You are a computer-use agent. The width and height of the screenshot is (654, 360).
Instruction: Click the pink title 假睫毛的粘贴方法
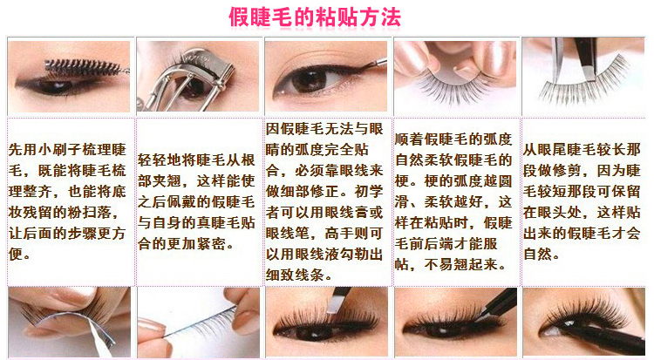pyautogui.click(x=315, y=17)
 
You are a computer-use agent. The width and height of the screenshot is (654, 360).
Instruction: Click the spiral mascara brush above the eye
pyautogui.click(x=84, y=67)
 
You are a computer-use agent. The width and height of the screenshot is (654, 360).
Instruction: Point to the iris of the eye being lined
pyautogui.click(x=309, y=79)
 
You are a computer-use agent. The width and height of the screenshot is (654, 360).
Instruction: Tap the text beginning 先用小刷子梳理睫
pyautogui.click(x=67, y=150)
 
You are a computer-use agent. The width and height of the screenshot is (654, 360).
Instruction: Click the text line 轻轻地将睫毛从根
pyautogui.click(x=196, y=160)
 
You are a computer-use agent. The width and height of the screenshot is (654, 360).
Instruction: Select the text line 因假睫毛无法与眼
pyautogui.click(x=324, y=129)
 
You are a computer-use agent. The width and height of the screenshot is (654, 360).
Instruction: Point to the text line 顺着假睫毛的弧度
pyautogui.click(x=453, y=139)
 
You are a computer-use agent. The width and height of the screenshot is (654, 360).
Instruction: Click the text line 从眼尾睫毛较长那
pyautogui.click(x=582, y=150)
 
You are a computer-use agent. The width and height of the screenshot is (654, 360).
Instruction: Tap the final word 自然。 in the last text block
pyautogui.click(x=541, y=254)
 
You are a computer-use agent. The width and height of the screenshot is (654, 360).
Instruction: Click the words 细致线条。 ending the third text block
pyautogui.click(x=299, y=275)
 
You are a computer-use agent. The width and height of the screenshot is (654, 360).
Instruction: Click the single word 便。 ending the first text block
pyautogui.click(x=19, y=254)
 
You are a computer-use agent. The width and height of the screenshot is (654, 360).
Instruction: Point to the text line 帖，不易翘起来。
pyautogui.click(x=451, y=264)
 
